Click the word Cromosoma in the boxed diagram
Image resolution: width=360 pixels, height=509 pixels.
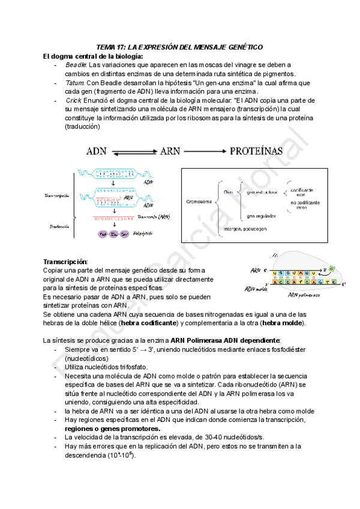199,202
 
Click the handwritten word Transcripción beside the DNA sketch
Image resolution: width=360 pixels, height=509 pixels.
57,196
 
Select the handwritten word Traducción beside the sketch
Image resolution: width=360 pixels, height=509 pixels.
56,226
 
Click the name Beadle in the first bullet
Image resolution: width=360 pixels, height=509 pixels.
76,64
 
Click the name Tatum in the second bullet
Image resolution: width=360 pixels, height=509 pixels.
74,82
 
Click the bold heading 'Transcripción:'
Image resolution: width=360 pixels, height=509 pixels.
65,262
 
